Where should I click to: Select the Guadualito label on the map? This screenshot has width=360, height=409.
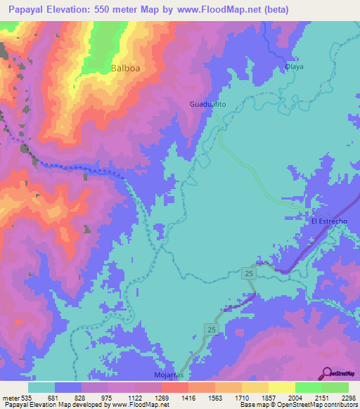pos(207,105)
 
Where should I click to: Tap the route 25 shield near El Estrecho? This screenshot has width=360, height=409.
pos(250,272)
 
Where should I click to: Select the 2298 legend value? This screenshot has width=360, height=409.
pos(339,398)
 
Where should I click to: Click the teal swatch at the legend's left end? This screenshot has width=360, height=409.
pos(41,387)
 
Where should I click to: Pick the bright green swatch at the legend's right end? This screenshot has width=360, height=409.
pos(335,387)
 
